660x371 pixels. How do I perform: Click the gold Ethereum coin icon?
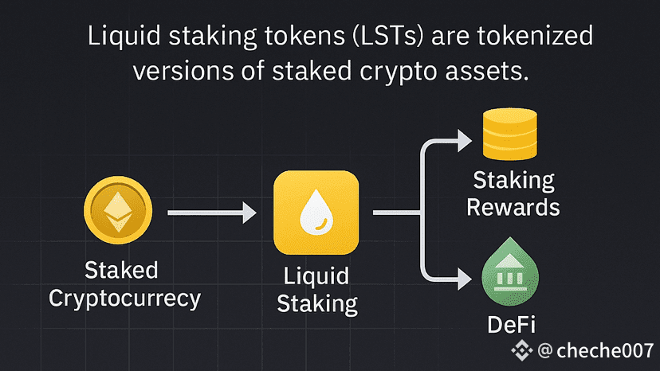pos(117,211)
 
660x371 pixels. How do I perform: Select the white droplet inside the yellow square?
pos(315,213)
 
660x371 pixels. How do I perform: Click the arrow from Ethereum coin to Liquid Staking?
pos(211,213)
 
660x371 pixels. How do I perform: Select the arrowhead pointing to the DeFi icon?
pos(463,279)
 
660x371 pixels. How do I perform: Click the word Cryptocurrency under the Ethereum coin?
pos(124,299)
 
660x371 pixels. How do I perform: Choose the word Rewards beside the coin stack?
pos(513,207)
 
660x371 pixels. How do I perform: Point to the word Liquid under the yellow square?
pos(316,276)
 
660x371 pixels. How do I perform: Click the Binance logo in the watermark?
pos(523,350)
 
